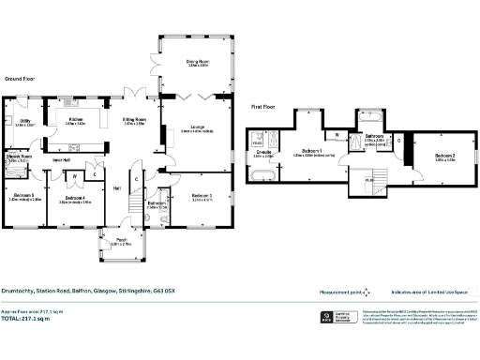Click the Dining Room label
(197, 63)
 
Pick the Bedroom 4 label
(73, 197)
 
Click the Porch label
(122, 240)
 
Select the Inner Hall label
(63, 160)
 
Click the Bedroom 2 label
(445, 156)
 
